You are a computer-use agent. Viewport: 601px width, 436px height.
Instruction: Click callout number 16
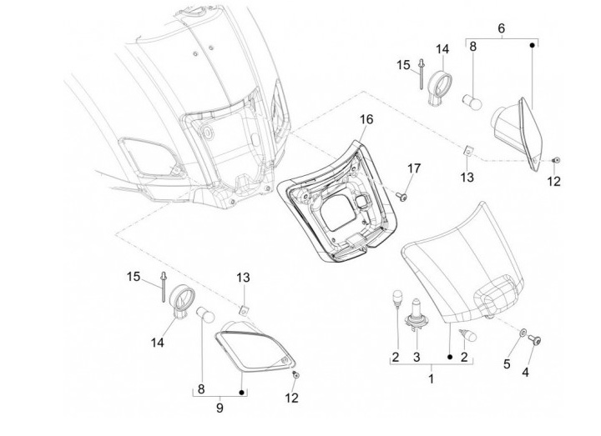pos(366,119)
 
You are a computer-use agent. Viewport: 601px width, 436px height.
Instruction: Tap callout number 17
pos(414,168)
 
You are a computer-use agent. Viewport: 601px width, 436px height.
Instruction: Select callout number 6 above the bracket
pos(502,28)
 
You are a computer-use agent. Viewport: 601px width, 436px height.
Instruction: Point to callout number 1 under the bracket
pos(432,379)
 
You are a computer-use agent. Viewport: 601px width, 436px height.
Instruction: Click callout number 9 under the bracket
pos(220,408)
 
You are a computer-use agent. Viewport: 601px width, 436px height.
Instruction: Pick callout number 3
pos(417,357)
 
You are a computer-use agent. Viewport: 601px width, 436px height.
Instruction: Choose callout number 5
pos(507,364)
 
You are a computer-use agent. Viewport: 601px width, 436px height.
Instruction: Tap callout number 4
pos(526,371)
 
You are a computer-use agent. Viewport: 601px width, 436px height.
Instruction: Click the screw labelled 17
pos(402,197)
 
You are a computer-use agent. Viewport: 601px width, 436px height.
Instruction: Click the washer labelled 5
pos(523,333)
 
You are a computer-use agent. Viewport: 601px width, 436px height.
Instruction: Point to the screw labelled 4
pos(534,340)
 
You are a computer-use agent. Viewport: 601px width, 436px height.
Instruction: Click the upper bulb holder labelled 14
pos(440,86)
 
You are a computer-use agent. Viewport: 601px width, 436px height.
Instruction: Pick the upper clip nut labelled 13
pos(467,151)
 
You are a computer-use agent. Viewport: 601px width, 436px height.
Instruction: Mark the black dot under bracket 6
pos(532,45)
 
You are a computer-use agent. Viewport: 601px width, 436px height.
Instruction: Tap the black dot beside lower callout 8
pos(241,393)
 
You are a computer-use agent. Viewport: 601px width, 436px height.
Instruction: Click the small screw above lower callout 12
pos(295,375)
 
